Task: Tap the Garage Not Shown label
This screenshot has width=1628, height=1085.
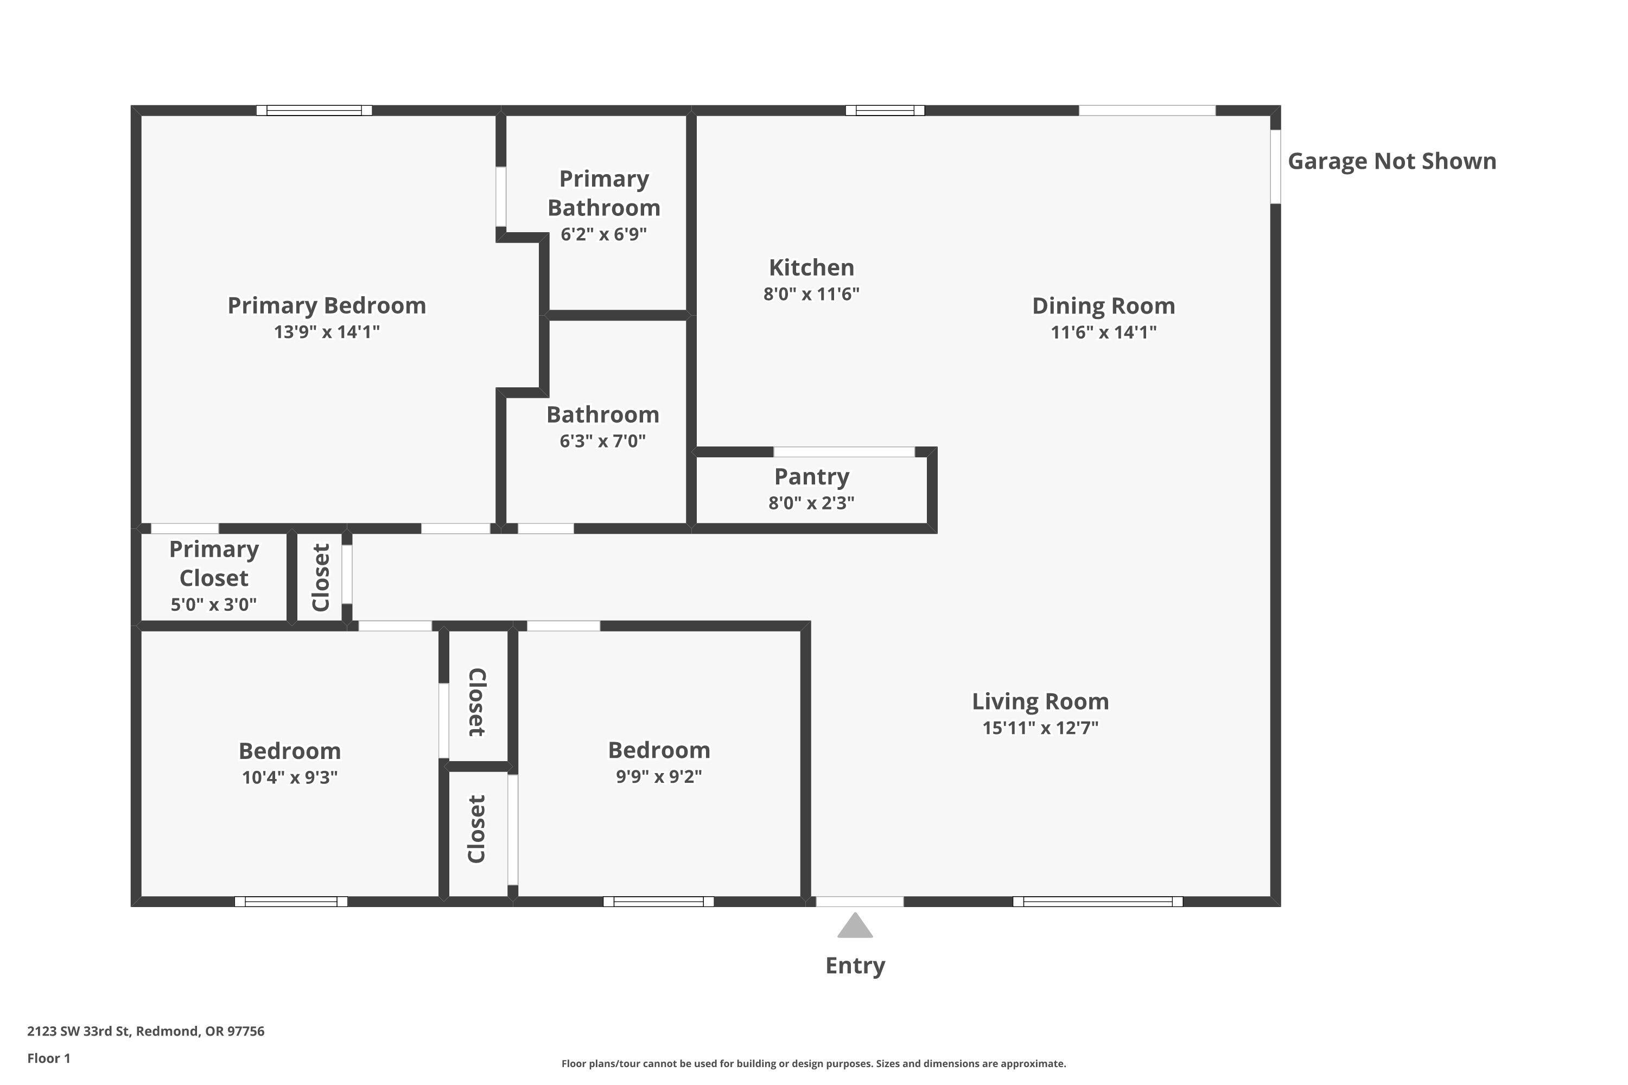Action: (1391, 161)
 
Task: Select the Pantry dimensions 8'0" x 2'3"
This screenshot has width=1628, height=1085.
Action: (811, 503)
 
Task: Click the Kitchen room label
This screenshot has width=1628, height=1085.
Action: (811, 268)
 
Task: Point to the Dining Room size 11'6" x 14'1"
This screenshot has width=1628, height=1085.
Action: (1103, 332)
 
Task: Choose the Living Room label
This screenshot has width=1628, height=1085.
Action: (1040, 701)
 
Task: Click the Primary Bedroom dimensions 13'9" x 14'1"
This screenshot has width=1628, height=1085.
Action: (327, 332)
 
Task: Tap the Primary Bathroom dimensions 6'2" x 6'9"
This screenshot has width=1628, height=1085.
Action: (603, 234)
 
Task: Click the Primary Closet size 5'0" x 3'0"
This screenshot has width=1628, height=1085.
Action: (213, 605)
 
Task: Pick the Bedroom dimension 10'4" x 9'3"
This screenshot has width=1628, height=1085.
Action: (289, 777)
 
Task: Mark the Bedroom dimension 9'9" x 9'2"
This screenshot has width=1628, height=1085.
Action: (659, 776)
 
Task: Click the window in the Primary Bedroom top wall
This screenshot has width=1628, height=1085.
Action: (314, 111)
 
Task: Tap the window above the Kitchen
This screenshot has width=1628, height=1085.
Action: (885, 111)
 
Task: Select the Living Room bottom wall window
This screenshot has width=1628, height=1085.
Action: (1098, 902)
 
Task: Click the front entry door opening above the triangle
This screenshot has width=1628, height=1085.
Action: (860, 902)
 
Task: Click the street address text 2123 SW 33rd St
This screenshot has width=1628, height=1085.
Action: (145, 1031)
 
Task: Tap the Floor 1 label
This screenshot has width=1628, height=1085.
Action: (48, 1058)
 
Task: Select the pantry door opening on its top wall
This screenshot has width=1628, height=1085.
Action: (844, 452)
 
